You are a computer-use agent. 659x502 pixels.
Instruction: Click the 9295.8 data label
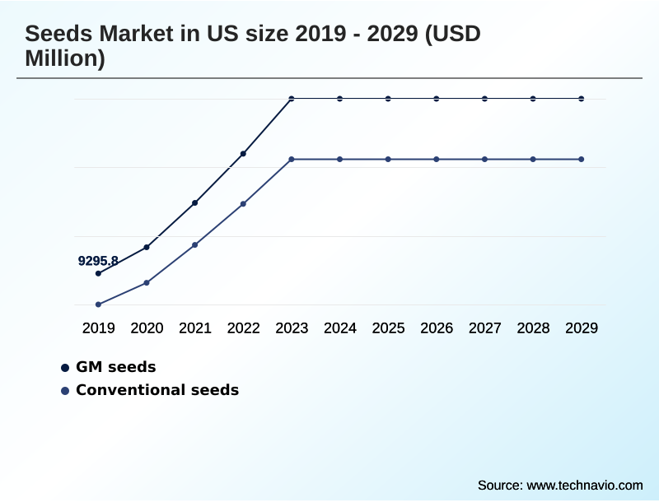point(98,261)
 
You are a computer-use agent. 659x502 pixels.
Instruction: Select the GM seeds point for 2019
point(98,273)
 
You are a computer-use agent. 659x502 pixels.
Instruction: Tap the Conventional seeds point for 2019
point(98,304)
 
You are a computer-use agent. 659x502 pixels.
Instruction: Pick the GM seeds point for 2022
point(243,154)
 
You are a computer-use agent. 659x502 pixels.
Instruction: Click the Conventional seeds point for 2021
point(195,244)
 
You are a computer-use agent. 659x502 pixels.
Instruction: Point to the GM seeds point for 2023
point(292,99)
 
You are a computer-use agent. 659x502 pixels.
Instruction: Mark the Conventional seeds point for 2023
point(292,159)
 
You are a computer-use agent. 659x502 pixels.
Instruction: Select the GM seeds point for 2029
point(582,99)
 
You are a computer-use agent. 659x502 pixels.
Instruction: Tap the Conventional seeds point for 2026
point(437,159)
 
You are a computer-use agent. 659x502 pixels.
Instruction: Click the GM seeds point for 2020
point(147,247)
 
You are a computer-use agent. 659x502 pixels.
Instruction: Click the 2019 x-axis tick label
point(98,328)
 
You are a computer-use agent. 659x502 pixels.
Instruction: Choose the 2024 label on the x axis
point(340,328)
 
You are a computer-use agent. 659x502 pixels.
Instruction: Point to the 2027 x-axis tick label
point(485,328)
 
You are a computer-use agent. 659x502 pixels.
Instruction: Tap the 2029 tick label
point(582,328)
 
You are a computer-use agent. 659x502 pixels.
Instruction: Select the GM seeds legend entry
point(115,367)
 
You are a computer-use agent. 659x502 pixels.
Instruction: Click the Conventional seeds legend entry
point(157,390)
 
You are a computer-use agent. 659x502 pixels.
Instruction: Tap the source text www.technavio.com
point(584,485)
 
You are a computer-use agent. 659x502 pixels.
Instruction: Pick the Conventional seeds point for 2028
point(533,159)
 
